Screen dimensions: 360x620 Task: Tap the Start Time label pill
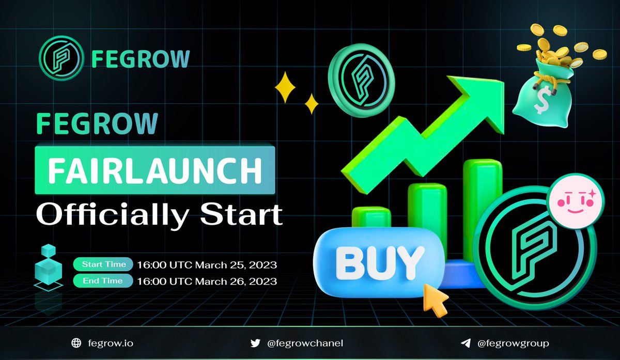coord(103,264)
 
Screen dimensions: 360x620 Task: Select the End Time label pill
coord(103,281)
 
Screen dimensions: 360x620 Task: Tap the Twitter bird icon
coord(255,342)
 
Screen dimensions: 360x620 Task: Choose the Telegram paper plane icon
coord(466,342)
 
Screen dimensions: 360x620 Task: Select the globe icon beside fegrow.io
coord(77,342)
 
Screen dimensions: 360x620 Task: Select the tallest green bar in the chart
coord(483,207)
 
